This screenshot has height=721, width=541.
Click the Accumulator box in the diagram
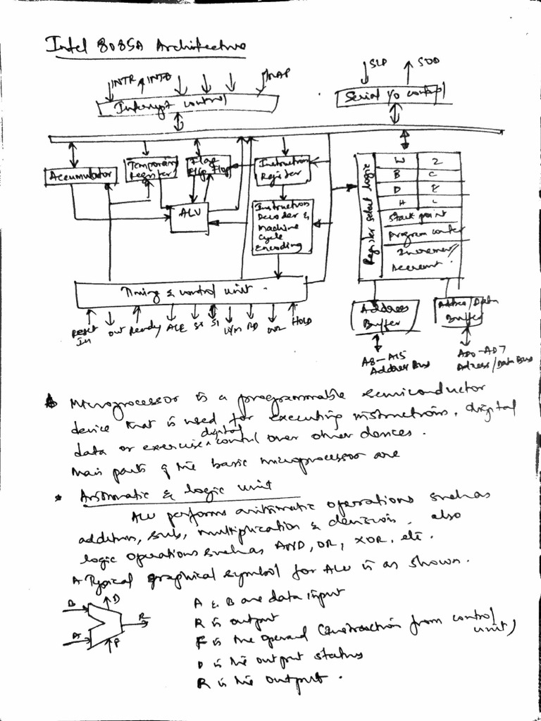tap(80, 176)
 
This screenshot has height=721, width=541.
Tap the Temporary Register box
tap(151, 170)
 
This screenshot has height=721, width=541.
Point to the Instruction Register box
tap(280, 169)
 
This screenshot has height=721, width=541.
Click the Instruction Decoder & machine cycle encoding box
tap(282, 227)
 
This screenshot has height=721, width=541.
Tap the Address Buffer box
tap(383, 316)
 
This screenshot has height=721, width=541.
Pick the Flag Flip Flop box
tap(207, 167)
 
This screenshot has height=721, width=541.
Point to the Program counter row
tap(423, 234)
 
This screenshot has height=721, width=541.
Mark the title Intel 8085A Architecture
tap(145, 46)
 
